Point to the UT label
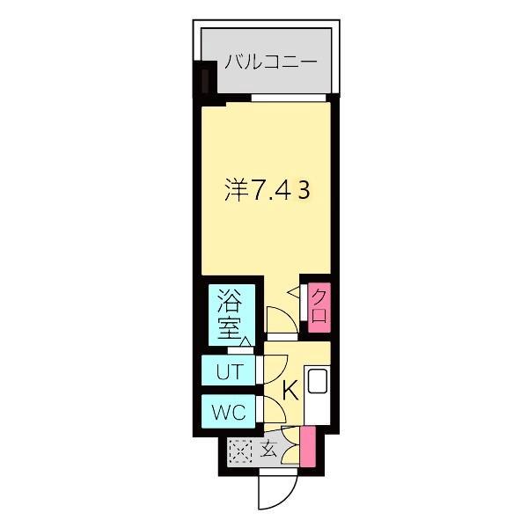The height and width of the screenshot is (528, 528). (x=231, y=371)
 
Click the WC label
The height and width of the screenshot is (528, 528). (x=231, y=410)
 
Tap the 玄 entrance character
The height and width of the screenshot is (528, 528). (x=269, y=450)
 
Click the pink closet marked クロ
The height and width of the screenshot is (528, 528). (x=319, y=304)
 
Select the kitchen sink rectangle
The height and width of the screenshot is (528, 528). (x=318, y=383)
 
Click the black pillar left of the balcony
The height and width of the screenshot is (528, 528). (x=204, y=81)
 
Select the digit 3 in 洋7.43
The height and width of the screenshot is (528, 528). (x=301, y=190)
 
